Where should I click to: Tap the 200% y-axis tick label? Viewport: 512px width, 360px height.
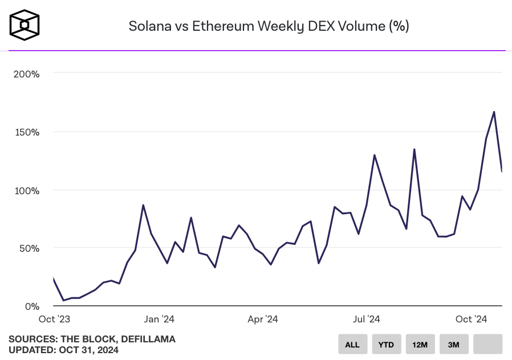pyautogui.click(x=26, y=74)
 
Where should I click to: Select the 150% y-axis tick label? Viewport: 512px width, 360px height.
pyautogui.click(x=26, y=132)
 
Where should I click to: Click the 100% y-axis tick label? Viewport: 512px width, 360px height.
pyautogui.click(x=26, y=190)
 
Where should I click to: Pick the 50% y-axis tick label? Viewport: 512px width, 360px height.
pyautogui.click(x=29, y=248)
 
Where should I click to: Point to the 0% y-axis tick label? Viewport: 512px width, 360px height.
pyautogui.click(x=31, y=306)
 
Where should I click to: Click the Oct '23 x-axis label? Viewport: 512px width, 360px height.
pyautogui.click(x=54, y=320)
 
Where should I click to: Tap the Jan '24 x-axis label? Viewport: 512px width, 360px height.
pyautogui.click(x=160, y=320)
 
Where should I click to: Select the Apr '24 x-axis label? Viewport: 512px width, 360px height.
pyautogui.click(x=262, y=320)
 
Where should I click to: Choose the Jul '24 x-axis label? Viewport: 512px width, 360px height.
pyautogui.click(x=366, y=320)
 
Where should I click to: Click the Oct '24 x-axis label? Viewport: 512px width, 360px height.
pyautogui.click(x=472, y=320)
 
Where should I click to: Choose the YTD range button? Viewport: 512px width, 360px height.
pyautogui.click(x=387, y=344)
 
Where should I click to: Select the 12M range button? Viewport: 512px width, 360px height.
pyautogui.click(x=420, y=344)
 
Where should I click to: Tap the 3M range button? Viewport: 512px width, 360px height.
pyautogui.click(x=454, y=344)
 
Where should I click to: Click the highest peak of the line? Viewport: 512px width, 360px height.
pyautogui.click(x=494, y=112)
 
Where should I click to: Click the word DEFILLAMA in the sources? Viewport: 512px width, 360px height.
pyautogui.click(x=148, y=339)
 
